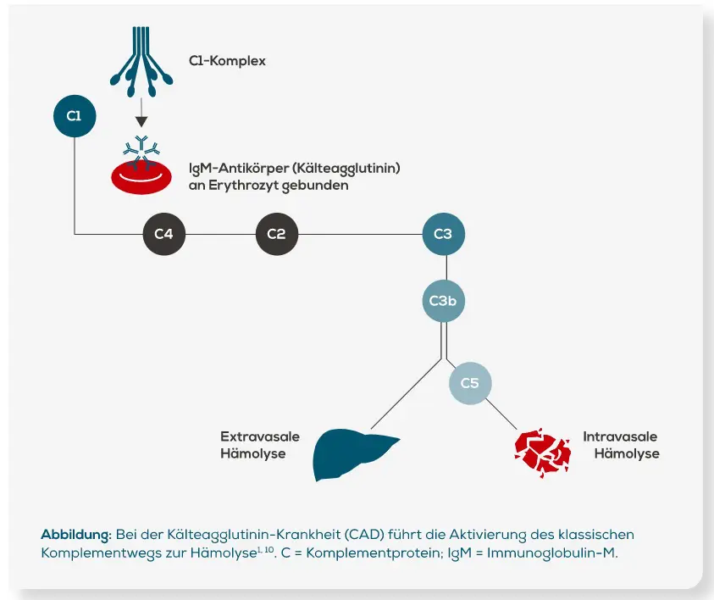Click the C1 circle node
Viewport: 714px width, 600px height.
75,115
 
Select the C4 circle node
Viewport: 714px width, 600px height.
163,234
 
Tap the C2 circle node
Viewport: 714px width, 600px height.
277,234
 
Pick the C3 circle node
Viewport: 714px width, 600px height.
443,234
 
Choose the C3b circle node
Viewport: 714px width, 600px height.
443,301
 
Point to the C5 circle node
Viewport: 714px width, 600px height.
469,383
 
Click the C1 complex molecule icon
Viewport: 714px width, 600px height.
142,57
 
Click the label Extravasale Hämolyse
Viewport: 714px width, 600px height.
259,445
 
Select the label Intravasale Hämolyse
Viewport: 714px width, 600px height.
620,445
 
